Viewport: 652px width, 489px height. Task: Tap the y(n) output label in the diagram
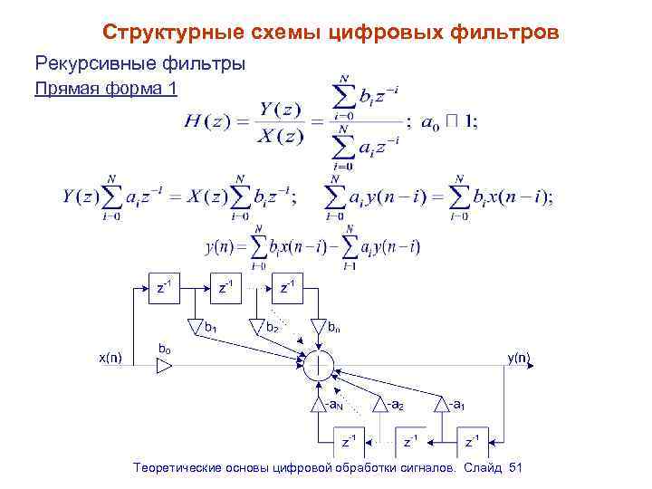[519, 357]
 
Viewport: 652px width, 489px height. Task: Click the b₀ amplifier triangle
[164, 366]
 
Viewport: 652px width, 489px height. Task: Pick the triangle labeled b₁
[195, 324]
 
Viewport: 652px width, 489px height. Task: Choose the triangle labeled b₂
[256, 324]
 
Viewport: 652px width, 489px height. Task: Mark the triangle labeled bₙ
[318, 324]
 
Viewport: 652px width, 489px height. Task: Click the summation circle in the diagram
[319, 366]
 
